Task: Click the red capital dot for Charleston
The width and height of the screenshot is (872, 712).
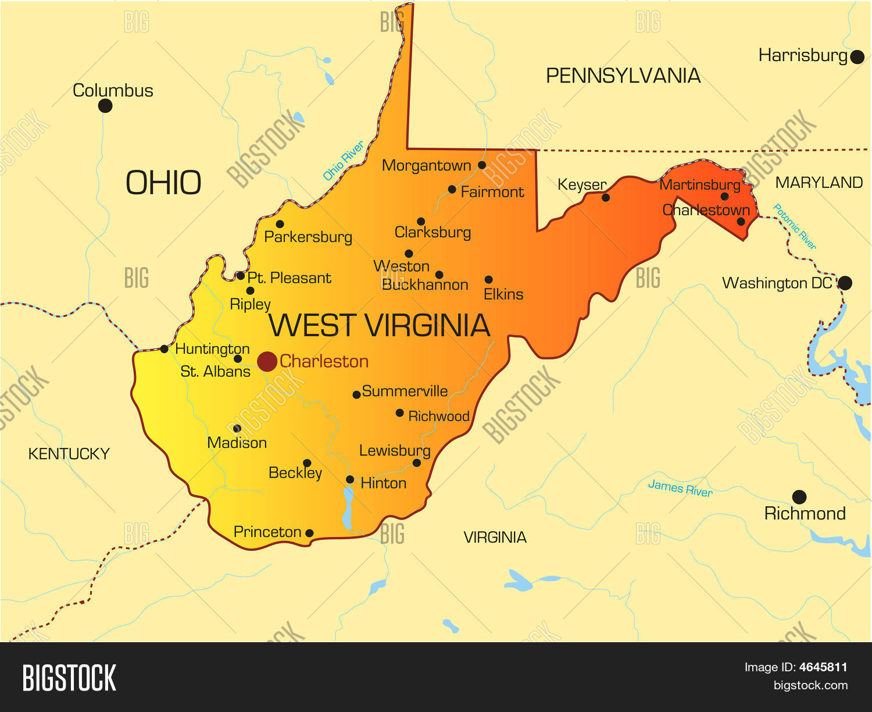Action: (x=267, y=361)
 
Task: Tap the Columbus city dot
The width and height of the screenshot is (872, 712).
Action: (x=105, y=106)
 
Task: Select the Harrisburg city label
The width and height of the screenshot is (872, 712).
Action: (x=803, y=56)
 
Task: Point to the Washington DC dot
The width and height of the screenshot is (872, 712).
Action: (x=845, y=283)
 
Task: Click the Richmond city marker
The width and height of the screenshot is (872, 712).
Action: (x=799, y=497)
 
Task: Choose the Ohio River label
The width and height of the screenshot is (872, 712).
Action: (x=343, y=161)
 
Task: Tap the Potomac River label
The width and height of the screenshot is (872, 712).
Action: (x=795, y=227)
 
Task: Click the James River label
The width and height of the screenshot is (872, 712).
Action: (x=680, y=489)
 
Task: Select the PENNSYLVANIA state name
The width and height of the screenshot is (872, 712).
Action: (x=623, y=76)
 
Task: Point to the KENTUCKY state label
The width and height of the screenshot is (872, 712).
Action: (x=69, y=454)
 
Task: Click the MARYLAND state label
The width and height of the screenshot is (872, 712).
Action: (x=819, y=183)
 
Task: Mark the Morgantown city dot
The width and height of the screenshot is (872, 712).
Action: (x=482, y=165)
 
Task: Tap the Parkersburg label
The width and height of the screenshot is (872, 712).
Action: (x=308, y=237)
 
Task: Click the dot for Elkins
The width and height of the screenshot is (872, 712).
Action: (x=488, y=280)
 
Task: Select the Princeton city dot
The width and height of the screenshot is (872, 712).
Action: (x=309, y=533)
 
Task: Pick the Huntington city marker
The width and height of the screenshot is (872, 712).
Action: (x=165, y=349)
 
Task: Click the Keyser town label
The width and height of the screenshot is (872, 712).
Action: (x=581, y=185)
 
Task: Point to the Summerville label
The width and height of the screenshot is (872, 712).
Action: (x=405, y=391)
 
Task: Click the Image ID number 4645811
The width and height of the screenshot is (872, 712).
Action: (x=823, y=667)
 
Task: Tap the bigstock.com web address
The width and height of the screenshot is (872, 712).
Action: (x=810, y=685)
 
